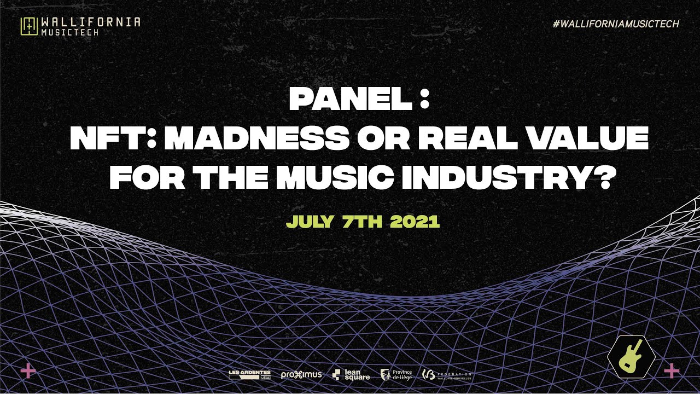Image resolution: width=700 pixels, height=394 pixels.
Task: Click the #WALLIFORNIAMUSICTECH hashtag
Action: click(x=616, y=24)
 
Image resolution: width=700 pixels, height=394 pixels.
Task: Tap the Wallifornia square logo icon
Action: click(x=28, y=26)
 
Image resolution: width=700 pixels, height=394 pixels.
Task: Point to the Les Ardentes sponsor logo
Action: click(x=249, y=374)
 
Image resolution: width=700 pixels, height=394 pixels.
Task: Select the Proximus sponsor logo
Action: click(x=301, y=375)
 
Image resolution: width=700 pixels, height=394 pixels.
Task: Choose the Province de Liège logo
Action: click(x=397, y=374)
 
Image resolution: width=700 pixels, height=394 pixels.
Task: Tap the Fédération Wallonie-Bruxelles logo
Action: click(x=447, y=375)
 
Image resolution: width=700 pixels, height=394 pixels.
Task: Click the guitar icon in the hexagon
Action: click(x=631, y=356)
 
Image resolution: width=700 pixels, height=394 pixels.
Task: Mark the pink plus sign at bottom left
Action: click(x=28, y=371)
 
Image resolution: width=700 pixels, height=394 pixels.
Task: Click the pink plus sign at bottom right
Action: click(x=671, y=371)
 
